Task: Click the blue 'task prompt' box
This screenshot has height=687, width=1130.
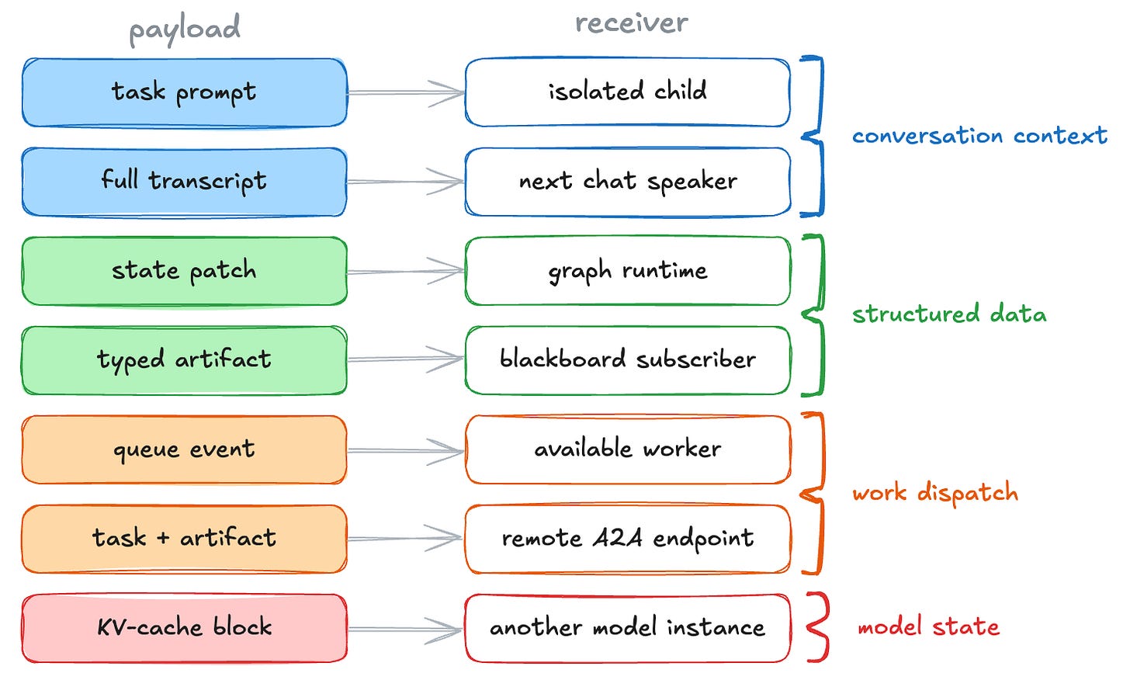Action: coord(185,93)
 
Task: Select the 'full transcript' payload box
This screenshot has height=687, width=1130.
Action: coord(185,182)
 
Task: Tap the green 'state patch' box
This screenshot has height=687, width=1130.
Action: coord(185,272)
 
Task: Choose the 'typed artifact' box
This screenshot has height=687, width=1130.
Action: coord(185,360)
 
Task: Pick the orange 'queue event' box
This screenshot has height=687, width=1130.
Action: coord(185,449)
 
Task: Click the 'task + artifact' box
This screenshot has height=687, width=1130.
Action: coord(185,539)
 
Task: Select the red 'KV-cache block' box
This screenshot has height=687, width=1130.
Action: coord(185,628)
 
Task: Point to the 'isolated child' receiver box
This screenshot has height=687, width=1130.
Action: coord(628,92)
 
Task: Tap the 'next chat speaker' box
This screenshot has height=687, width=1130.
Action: coord(628,182)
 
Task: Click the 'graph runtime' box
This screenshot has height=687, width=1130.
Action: coord(628,272)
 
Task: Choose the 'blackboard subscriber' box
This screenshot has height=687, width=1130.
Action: coord(628,360)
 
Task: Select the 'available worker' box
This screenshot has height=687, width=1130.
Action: coord(628,449)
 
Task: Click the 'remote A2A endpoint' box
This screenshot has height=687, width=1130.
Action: coord(628,539)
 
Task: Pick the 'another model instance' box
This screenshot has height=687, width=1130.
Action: coord(628,628)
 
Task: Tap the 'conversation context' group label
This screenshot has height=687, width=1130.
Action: coord(979,136)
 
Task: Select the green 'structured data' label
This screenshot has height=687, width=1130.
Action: coord(949,314)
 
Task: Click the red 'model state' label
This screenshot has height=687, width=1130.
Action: coord(929,627)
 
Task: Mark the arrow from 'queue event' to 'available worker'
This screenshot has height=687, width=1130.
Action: coord(406,450)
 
